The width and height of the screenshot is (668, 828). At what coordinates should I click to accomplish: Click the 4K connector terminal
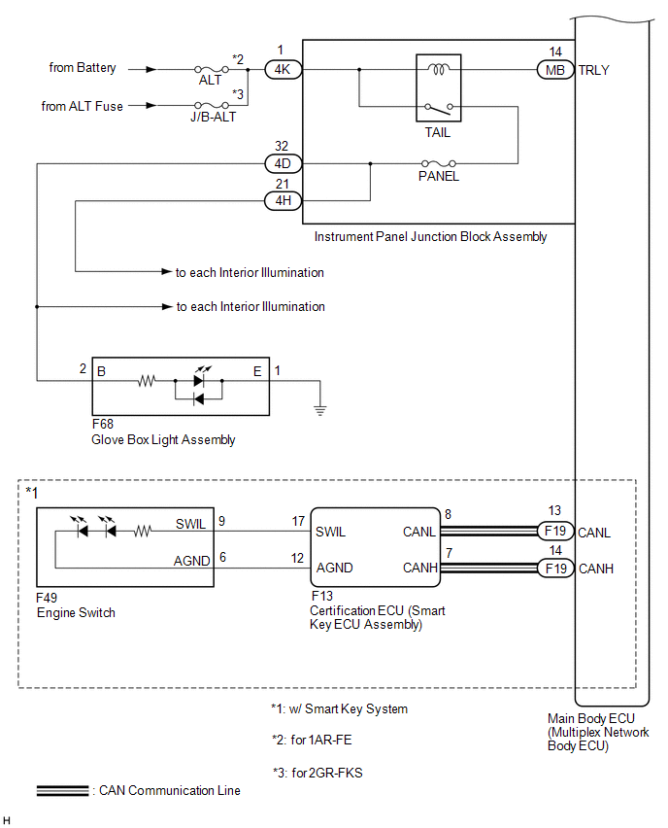click(283, 70)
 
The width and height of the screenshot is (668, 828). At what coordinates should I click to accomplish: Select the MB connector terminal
click(555, 70)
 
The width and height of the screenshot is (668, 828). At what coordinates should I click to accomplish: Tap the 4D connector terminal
click(283, 163)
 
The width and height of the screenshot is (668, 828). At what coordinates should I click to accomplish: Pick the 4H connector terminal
click(283, 200)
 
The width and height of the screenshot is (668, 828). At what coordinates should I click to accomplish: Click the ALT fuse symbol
click(211, 69)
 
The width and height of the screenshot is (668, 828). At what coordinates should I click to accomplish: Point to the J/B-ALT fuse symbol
click(211, 105)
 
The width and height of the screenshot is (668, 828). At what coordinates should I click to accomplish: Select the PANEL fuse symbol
click(439, 163)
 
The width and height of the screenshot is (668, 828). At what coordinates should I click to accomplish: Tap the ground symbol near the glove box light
click(319, 410)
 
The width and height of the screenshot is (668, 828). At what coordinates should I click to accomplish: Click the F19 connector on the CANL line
click(555, 531)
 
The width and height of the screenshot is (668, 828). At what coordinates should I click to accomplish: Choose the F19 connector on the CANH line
click(555, 569)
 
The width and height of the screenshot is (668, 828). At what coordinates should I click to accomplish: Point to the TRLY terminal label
click(593, 70)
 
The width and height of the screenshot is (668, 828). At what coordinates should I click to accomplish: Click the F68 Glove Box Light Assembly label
click(163, 431)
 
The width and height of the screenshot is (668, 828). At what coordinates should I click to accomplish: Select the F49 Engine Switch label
click(76, 605)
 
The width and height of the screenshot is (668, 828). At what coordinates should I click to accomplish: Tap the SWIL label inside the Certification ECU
click(330, 532)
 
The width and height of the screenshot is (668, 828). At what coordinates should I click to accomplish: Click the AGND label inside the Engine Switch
click(192, 561)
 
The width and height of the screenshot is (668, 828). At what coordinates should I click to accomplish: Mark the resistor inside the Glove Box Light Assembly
click(147, 380)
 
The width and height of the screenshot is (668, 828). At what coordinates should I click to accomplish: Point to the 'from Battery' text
click(83, 68)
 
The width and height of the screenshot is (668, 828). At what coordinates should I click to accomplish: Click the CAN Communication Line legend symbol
click(63, 790)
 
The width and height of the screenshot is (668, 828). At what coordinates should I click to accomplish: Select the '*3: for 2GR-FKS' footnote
click(317, 773)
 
